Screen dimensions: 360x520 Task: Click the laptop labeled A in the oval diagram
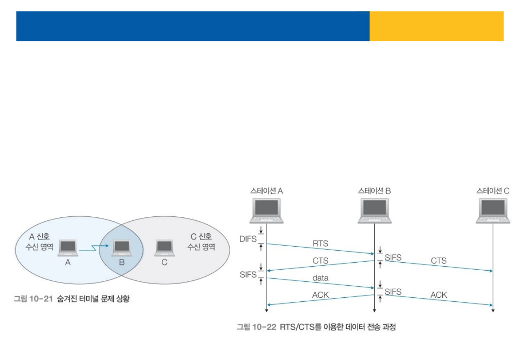pos(68,248)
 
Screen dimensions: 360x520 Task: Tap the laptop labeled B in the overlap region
pos(121,248)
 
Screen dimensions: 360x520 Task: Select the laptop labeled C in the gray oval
pos(164,248)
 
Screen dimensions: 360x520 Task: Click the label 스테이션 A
pos(267,191)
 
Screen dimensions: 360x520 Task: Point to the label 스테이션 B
pos(374,191)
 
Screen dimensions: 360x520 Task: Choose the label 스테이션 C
pos(493,191)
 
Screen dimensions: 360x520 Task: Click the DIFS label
pos(248,239)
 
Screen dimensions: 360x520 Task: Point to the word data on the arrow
pos(320,278)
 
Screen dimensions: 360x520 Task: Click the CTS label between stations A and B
pos(320,261)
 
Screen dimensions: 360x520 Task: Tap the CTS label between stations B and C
pos(438,260)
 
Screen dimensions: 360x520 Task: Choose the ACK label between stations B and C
pos(438,295)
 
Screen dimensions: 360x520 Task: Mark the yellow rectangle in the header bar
pos(436,26)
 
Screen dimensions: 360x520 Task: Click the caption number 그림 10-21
pos(33,300)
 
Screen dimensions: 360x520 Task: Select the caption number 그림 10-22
pos(256,328)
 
